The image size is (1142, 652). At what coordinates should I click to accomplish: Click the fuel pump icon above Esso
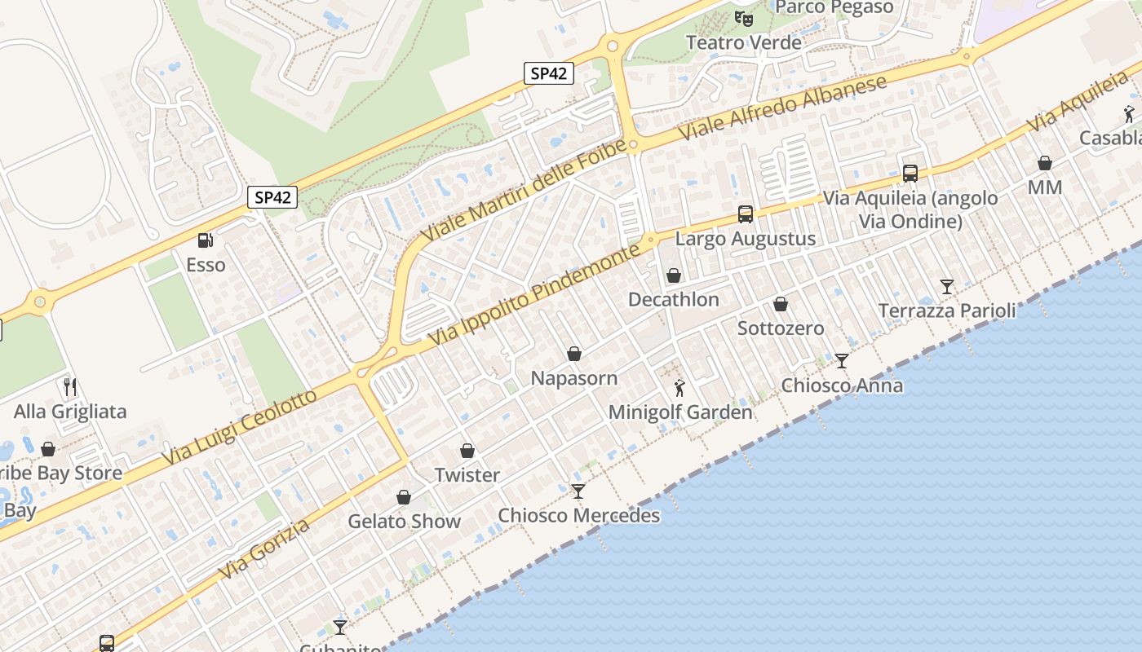pos(206,240)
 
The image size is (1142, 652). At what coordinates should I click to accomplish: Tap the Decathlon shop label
pos(674,299)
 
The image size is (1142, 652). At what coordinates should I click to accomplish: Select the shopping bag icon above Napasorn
pos(574,354)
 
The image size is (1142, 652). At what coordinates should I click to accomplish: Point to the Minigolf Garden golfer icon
pos(679,388)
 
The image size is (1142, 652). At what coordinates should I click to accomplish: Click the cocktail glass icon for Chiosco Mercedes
pos(578,491)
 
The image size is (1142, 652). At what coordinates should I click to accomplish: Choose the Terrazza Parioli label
pos(947,311)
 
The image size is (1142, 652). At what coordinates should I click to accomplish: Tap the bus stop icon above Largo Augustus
pos(746,214)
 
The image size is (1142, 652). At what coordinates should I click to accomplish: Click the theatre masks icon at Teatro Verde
pos(743,18)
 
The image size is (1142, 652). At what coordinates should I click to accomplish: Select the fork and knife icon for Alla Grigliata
pos(70,386)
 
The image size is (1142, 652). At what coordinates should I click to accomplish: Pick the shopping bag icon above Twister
pos(467,451)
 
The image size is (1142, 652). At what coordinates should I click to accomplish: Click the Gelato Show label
pos(404,521)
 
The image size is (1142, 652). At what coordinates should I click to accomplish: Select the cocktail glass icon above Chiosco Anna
pos(842,360)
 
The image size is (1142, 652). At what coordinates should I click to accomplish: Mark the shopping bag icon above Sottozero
pos(781,304)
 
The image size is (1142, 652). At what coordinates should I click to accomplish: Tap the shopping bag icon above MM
pos(1045,163)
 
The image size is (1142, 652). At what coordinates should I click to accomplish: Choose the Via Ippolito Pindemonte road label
pos(533,297)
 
